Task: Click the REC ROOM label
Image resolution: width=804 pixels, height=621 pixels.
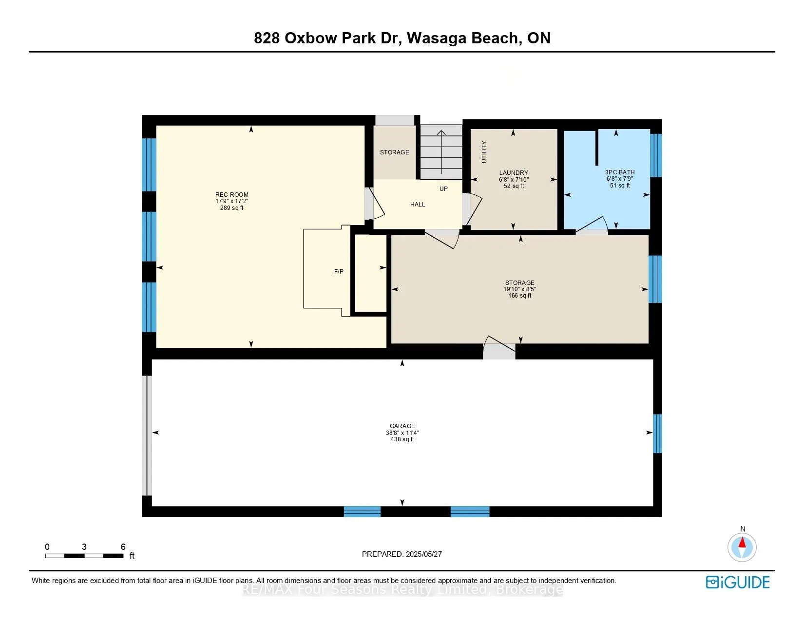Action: pyautogui.click(x=232, y=194)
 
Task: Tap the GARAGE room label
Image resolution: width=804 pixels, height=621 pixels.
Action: pyautogui.click(x=402, y=426)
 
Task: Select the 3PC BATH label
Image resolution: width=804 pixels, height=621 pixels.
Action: pyautogui.click(x=620, y=172)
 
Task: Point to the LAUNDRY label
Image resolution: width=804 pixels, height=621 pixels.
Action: pyautogui.click(x=514, y=172)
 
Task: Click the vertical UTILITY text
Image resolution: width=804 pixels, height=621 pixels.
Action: pyautogui.click(x=484, y=152)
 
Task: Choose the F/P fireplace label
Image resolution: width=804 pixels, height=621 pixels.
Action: pyautogui.click(x=339, y=271)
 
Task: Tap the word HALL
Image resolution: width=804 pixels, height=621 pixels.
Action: pyautogui.click(x=418, y=205)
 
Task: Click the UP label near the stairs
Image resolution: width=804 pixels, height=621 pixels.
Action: pyautogui.click(x=443, y=188)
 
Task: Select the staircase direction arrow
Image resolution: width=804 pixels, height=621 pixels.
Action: pyautogui.click(x=441, y=151)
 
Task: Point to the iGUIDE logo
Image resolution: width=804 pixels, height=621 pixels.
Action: pyautogui.click(x=738, y=582)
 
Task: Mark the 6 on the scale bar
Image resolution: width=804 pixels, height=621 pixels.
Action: pyautogui.click(x=123, y=547)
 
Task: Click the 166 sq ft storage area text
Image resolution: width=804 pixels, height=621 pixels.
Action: pyautogui.click(x=519, y=296)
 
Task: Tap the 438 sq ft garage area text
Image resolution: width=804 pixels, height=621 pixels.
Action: pyautogui.click(x=402, y=439)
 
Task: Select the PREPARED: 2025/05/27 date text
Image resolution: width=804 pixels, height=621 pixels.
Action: pyautogui.click(x=402, y=554)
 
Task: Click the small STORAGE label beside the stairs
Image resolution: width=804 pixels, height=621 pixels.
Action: pyautogui.click(x=394, y=152)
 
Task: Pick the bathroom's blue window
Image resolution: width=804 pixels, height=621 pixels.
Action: pyautogui.click(x=656, y=155)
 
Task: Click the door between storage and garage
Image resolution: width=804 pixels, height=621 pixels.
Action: pyautogui.click(x=499, y=348)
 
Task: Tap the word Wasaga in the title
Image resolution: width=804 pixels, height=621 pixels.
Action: pyautogui.click(x=437, y=38)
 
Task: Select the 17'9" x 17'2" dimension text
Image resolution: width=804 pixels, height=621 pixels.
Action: pyautogui.click(x=232, y=201)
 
